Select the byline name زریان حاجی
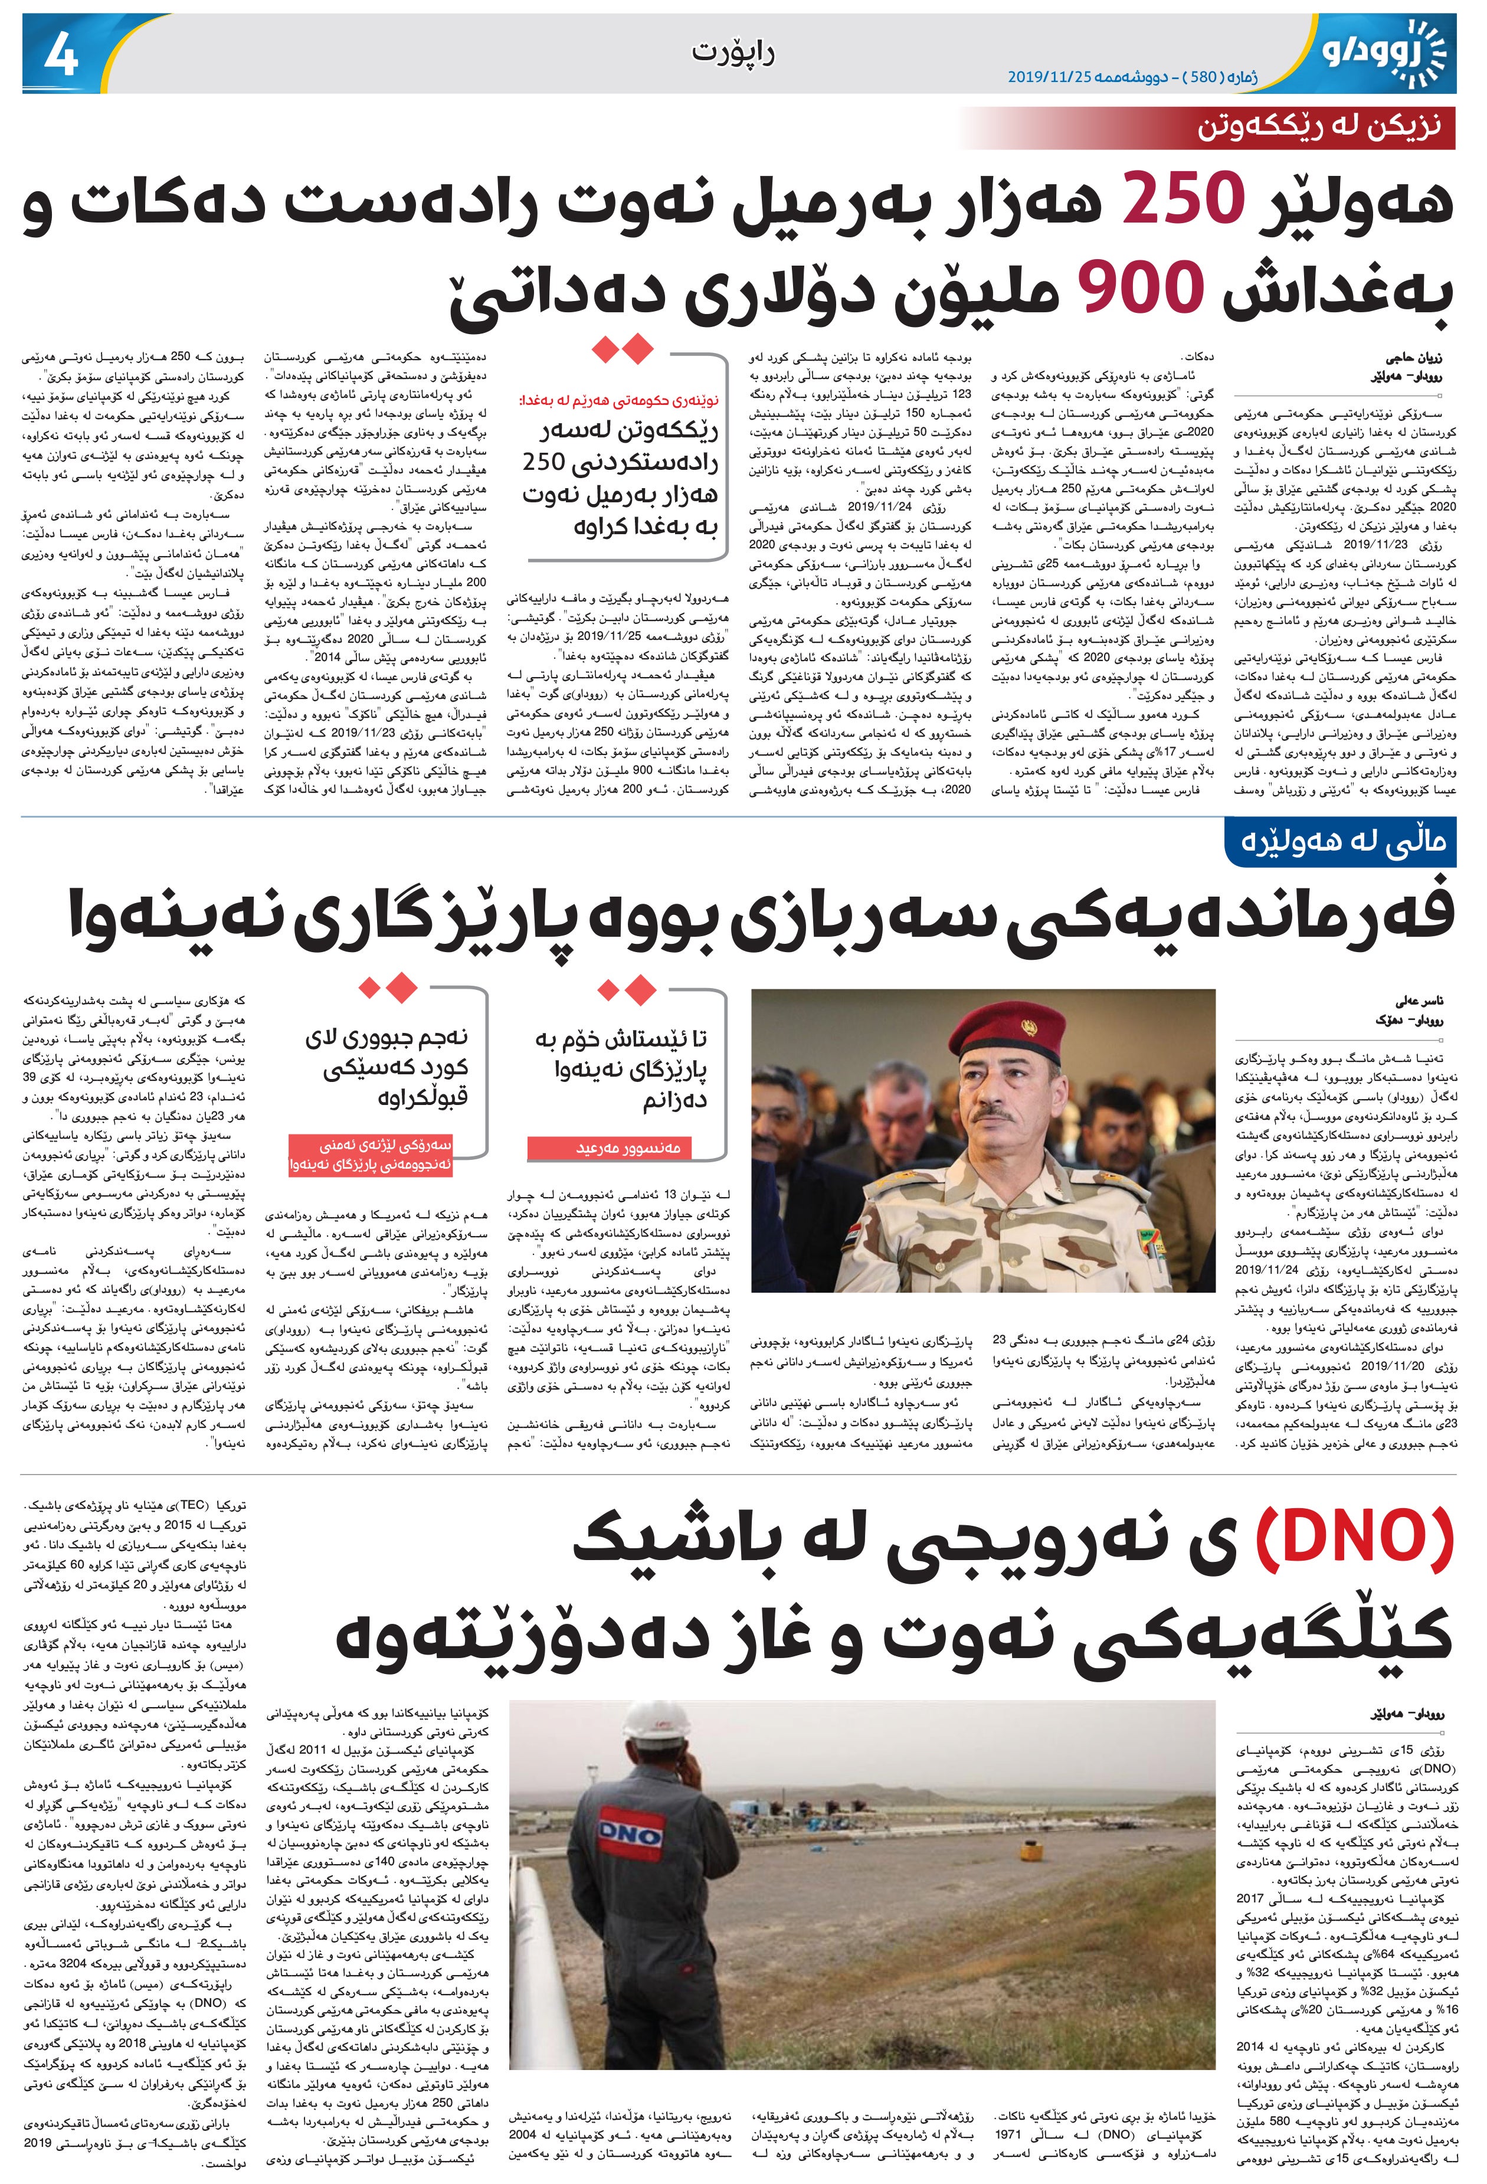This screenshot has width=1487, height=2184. [x=1422, y=358]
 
